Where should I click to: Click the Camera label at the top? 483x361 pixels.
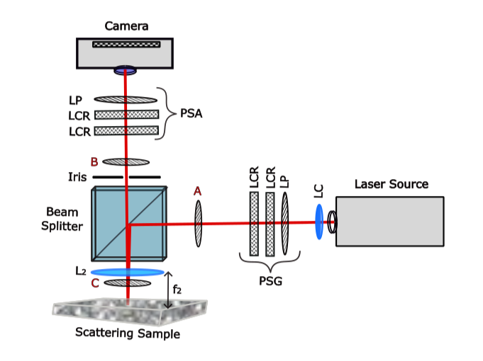pos(126,26)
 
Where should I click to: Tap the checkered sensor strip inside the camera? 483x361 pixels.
pos(126,44)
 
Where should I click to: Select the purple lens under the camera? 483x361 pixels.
pos(126,70)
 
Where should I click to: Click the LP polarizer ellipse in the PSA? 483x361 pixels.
pos(126,100)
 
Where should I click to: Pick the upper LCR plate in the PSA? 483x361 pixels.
pos(126,115)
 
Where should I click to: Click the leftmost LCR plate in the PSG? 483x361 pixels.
pos(254,224)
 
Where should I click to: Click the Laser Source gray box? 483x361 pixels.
pos(390,221)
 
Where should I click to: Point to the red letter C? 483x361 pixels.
pos(94,283)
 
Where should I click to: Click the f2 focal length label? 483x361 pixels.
pos(178,288)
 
